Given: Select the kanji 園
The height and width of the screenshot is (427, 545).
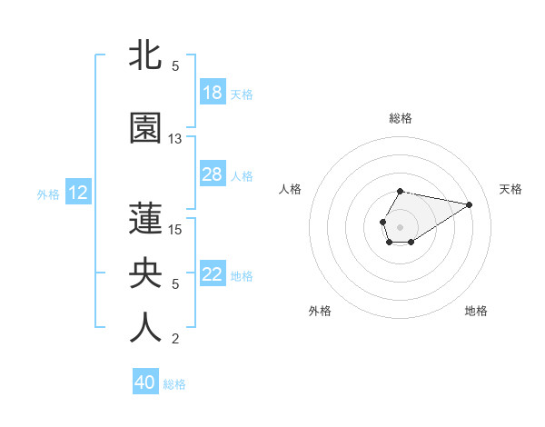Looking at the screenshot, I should point(145,128).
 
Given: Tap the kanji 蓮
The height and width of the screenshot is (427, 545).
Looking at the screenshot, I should point(145,218).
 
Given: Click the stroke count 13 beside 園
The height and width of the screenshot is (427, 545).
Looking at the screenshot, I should point(175,139).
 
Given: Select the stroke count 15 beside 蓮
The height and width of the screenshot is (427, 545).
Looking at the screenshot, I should point(175,229).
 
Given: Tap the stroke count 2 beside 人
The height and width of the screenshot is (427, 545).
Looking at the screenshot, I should point(175,340).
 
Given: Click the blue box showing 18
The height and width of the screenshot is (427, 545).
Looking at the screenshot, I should point(213,93).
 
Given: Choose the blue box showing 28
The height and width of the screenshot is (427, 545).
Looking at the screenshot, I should point(213,174).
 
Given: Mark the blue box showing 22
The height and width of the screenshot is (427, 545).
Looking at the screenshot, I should point(213,275).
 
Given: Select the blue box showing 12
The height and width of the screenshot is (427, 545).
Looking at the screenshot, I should point(78,193).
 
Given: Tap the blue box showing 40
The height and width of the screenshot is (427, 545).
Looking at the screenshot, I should point(145,382).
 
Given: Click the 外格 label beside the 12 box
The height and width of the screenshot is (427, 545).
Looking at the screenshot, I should point(48,194).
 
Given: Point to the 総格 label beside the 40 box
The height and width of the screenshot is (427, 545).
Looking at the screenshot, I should point(174,384).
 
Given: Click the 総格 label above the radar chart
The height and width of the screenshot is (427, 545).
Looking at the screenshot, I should point(401,118).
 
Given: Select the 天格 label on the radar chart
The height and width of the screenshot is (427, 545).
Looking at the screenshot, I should point(510,189).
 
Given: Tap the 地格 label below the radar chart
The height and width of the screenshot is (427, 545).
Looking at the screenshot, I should point(476,311).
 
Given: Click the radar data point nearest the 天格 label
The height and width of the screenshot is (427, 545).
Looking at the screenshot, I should point(470,204).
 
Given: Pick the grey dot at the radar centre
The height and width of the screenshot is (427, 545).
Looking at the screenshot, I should point(400,225).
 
